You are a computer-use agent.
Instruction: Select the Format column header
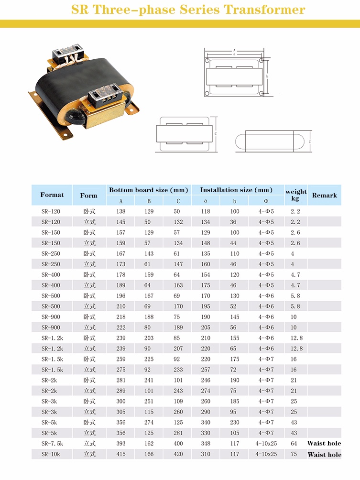tap(52, 195)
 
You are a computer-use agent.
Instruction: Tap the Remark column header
tap(324, 196)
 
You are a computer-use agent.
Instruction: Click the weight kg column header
tap(296, 195)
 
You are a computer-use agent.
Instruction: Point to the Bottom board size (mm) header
tap(149, 190)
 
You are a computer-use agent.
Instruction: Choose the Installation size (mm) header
tap(236, 190)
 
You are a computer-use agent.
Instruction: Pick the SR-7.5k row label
tap(52, 444)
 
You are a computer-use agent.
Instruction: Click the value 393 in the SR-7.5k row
tap(120, 444)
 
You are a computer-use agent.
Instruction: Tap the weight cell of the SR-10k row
tap(294, 454)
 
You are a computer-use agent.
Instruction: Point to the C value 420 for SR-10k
tap(178, 454)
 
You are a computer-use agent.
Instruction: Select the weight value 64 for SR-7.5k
tap(294, 444)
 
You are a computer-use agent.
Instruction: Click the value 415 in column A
tap(120, 454)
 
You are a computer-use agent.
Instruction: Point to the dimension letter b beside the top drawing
tap(267, 76)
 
